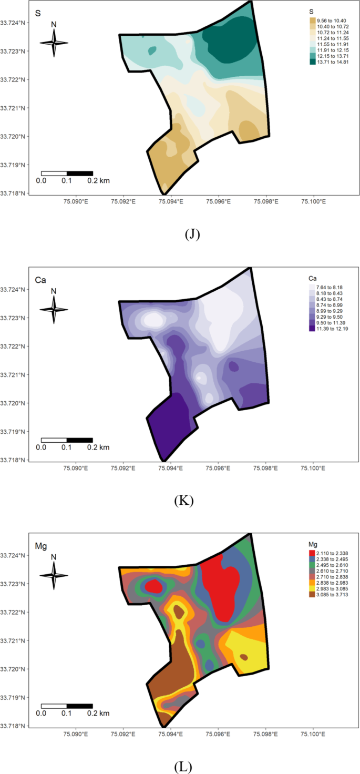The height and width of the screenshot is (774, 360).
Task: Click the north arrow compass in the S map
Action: point(54,42)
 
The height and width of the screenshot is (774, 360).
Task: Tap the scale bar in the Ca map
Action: point(67,440)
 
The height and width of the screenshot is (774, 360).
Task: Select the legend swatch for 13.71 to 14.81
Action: point(313,62)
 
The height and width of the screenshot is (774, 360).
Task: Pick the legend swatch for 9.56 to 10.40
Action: point(313,20)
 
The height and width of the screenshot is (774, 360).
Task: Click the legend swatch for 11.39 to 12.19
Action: point(313,328)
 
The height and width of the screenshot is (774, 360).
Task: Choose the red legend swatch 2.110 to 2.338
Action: point(313,553)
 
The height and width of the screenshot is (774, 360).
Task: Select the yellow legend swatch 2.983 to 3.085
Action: point(313,588)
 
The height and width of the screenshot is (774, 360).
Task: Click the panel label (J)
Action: point(193,235)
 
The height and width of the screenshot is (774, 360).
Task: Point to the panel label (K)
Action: point(184,501)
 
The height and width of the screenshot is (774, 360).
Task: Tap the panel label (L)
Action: point(183,767)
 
